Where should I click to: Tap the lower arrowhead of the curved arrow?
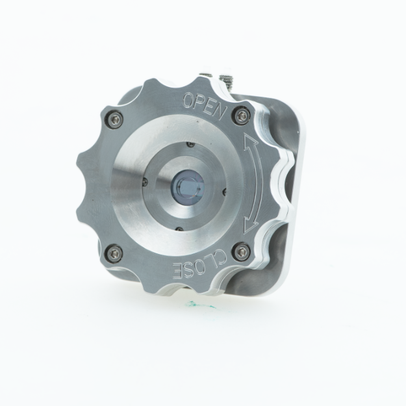pyautogui.click(x=248, y=226)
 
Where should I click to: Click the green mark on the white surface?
pyautogui.click(x=196, y=303)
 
